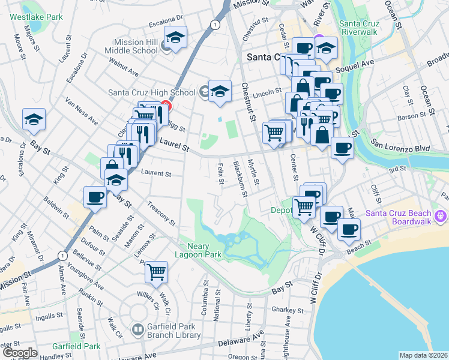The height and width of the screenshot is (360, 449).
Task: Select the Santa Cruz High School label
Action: pyautogui.click(x=152, y=92)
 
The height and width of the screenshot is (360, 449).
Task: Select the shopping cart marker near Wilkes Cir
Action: pyautogui.click(x=157, y=272)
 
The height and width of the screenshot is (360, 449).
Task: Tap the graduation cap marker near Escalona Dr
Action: pyautogui.click(x=34, y=119)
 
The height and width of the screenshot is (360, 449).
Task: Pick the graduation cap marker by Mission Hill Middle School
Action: pyautogui.click(x=175, y=37)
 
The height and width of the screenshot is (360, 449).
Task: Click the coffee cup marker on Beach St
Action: pyautogui.click(x=349, y=228)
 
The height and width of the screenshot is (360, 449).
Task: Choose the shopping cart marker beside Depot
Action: pyautogui.click(x=305, y=207)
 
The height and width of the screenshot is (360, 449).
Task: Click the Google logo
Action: pyautogui.click(x=20, y=353)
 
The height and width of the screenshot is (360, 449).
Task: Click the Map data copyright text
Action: pyautogui.click(x=424, y=355)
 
